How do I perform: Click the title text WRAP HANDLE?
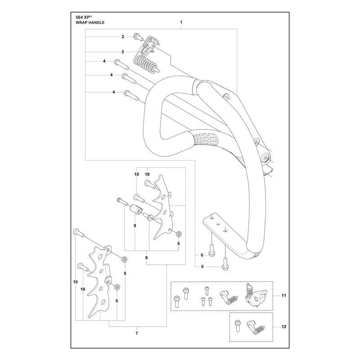point(90,22)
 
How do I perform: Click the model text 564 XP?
point(84,17)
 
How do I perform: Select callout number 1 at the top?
point(181,22)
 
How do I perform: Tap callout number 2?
point(123,36)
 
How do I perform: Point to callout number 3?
point(122,52)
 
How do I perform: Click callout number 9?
point(135,226)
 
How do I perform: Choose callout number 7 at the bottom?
point(137,333)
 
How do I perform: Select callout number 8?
point(147,258)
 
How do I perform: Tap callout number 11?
point(284,296)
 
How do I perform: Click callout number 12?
point(284,327)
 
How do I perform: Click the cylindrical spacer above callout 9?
point(136,210)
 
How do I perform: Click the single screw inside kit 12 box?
point(237,326)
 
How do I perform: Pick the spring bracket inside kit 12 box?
point(256,327)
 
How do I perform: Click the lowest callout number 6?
point(202,266)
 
